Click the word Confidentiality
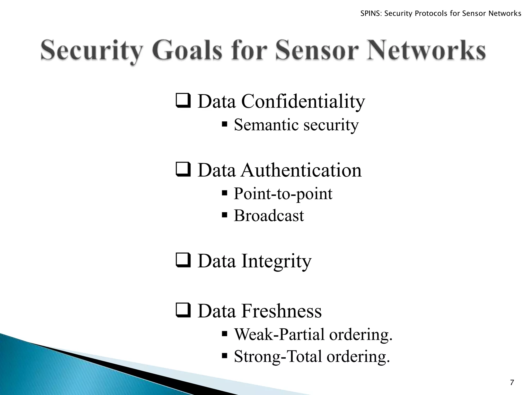303,102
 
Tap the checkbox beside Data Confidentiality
183,101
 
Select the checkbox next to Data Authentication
183,170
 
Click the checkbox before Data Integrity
183,261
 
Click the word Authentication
301,170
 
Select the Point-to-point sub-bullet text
283,194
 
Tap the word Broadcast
269,216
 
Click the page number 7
512,382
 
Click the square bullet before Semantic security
224,124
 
